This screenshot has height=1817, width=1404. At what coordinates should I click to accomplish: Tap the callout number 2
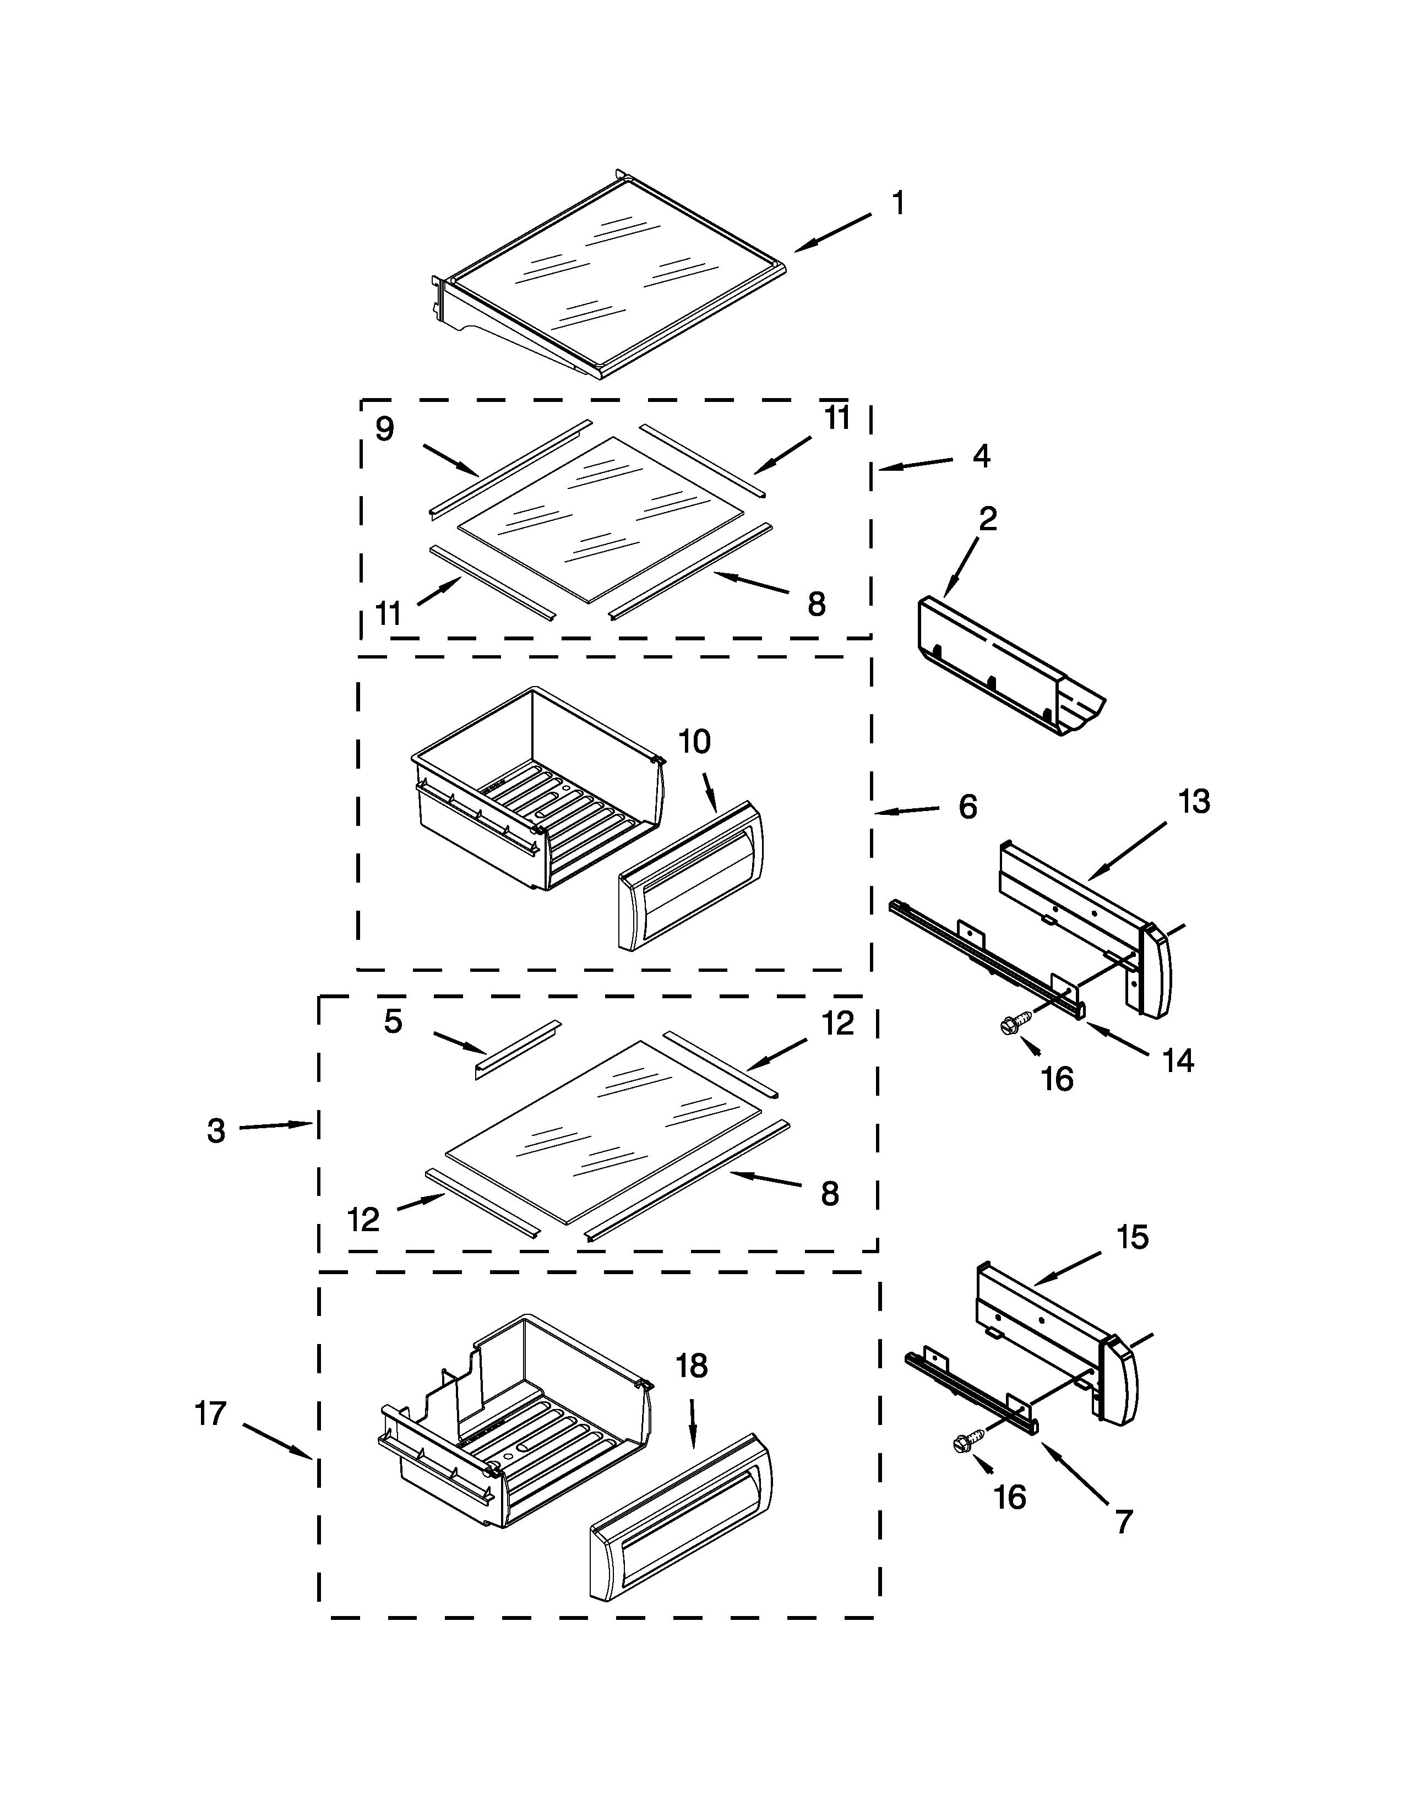pos(987,520)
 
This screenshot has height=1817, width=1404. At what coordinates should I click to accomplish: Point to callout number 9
pos(384,429)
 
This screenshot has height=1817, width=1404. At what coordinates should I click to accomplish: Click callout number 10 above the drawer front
pos(694,742)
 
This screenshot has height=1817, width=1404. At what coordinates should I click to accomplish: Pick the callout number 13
pos(1194,802)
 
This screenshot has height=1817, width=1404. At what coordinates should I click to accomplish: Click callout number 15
pos(1132,1237)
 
